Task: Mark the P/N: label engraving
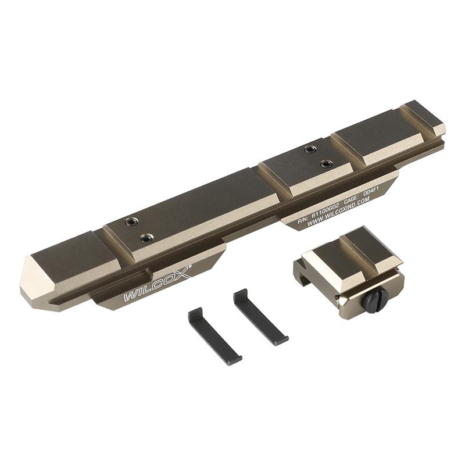(303, 221)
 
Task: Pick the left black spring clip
(214, 335)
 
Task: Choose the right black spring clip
(260, 317)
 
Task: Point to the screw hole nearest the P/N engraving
(327, 163)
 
